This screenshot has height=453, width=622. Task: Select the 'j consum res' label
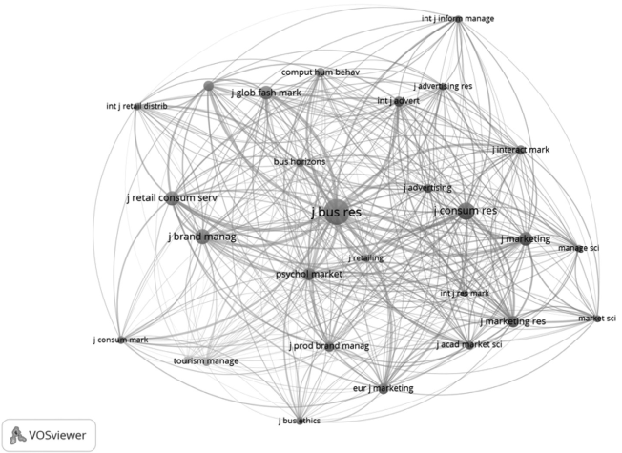click(465, 210)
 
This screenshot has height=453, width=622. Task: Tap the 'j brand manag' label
click(201, 236)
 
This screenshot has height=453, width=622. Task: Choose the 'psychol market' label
click(308, 275)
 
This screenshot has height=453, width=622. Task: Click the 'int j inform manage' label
click(458, 18)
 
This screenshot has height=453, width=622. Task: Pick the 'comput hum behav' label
click(320, 72)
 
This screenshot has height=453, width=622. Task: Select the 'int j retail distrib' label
click(136, 106)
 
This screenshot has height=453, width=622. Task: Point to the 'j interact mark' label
click(520, 150)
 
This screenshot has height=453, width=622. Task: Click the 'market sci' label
click(597, 318)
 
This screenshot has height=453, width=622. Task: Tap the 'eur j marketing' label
click(383, 388)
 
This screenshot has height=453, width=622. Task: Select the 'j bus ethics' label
click(300, 420)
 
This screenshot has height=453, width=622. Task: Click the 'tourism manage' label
click(206, 361)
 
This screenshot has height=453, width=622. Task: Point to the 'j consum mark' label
click(121, 340)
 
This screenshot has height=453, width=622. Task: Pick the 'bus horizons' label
click(300, 162)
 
